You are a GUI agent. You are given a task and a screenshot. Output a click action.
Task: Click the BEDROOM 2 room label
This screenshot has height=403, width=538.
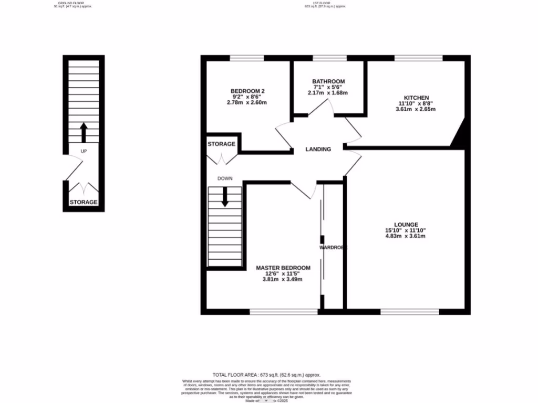point(247,91)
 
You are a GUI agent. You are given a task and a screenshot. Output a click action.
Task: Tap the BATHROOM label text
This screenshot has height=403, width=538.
point(328,81)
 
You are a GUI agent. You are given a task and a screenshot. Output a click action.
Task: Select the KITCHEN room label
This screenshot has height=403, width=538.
point(417,98)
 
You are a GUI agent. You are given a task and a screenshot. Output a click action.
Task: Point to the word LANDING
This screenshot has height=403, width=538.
point(318,150)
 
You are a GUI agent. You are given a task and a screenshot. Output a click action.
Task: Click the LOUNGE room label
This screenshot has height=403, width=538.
point(405,224)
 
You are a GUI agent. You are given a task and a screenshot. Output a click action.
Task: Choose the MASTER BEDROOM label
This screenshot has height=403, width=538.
point(283,268)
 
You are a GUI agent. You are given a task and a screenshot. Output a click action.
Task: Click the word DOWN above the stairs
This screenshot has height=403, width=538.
point(225,178)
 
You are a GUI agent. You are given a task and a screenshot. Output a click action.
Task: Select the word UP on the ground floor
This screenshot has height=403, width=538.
point(84,151)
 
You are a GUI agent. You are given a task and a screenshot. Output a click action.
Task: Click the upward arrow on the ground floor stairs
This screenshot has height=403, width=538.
point(84,132)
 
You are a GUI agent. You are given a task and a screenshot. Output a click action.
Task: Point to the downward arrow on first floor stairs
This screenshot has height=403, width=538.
point(225,196)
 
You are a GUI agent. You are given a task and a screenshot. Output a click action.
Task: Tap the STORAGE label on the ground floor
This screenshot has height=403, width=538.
point(84,202)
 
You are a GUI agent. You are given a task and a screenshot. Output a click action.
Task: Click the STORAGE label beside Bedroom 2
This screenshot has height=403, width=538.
point(221,144)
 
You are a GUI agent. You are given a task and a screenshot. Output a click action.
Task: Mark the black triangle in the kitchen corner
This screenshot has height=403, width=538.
point(459,136)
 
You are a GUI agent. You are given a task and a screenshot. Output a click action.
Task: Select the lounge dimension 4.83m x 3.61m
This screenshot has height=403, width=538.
point(405,236)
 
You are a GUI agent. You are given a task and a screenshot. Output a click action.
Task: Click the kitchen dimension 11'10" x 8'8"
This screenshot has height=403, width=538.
point(417,104)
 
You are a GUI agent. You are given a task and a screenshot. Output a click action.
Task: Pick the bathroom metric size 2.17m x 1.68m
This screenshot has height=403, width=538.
point(328,93)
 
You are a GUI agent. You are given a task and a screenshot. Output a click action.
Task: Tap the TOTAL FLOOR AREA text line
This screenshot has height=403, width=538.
point(266,375)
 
